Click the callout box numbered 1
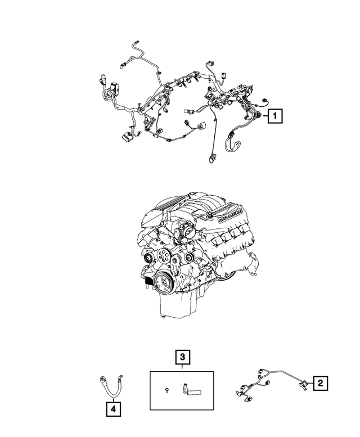(274, 116)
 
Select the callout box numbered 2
(319, 384)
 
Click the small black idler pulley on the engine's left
(147, 258)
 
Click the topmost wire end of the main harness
(136, 42)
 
